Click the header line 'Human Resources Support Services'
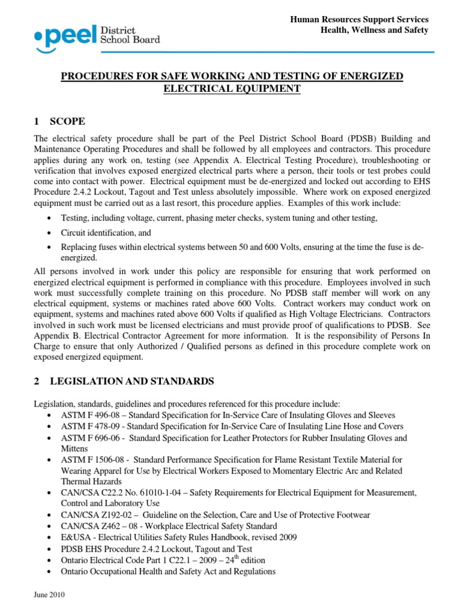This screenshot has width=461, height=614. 359,20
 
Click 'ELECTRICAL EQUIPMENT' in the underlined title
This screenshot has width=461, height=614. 232,89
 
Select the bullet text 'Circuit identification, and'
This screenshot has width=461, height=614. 106,232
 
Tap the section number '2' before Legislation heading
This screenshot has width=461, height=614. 37,381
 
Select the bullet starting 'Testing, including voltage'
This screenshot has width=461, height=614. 219,218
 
